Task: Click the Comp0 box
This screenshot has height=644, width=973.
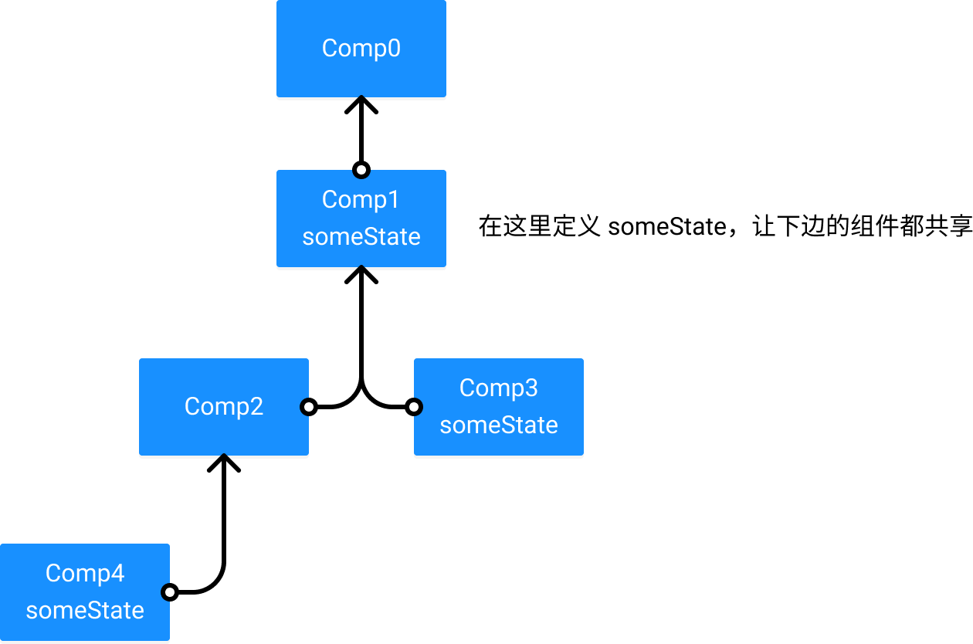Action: click(361, 48)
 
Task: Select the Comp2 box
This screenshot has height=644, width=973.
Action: click(224, 407)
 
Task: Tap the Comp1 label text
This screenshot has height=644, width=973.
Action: click(360, 200)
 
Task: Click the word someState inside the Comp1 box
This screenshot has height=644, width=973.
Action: click(361, 237)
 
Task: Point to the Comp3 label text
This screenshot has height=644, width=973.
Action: click(499, 388)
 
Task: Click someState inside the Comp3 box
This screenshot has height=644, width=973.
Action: click(499, 425)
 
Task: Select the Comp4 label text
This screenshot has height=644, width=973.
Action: click(85, 574)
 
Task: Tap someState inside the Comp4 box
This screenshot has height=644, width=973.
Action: click(85, 611)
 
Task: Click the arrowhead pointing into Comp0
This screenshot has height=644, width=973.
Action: click(361, 105)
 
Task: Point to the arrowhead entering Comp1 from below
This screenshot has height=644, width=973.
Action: click(361, 274)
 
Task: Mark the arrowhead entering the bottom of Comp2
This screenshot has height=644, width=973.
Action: click(224, 463)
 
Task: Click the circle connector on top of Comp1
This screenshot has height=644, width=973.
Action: click(361, 170)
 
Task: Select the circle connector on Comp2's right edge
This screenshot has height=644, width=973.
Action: click(309, 407)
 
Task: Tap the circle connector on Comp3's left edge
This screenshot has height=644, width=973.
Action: click(414, 407)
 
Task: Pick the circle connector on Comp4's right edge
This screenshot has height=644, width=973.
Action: click(169, 592)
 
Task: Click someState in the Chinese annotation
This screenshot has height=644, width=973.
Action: click(667, 227)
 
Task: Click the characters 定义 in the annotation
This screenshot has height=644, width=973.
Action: click(576, 226)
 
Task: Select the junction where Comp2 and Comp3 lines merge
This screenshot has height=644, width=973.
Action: click(361, 384)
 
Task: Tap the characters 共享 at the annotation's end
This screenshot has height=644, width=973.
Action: click(948, 226)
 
